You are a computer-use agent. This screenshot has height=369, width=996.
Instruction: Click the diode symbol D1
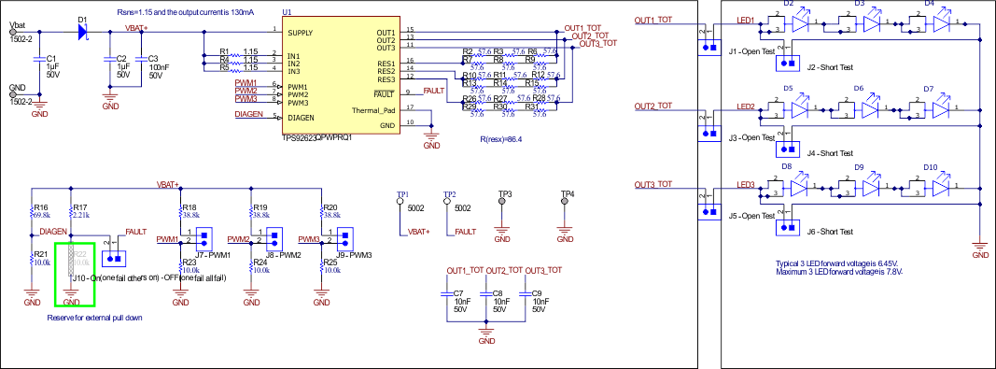point(83,31)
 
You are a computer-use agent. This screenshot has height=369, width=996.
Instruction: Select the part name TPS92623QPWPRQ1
point(316,137)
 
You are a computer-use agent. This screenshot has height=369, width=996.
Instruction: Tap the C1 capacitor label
point(51,58)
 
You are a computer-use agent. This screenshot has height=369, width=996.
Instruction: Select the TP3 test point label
point(505,193)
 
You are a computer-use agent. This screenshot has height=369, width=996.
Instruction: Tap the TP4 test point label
point(567,193)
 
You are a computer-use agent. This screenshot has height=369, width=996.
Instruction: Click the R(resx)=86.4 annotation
point(502,138)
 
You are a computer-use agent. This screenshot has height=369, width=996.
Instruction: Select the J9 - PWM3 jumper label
point(354,254)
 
